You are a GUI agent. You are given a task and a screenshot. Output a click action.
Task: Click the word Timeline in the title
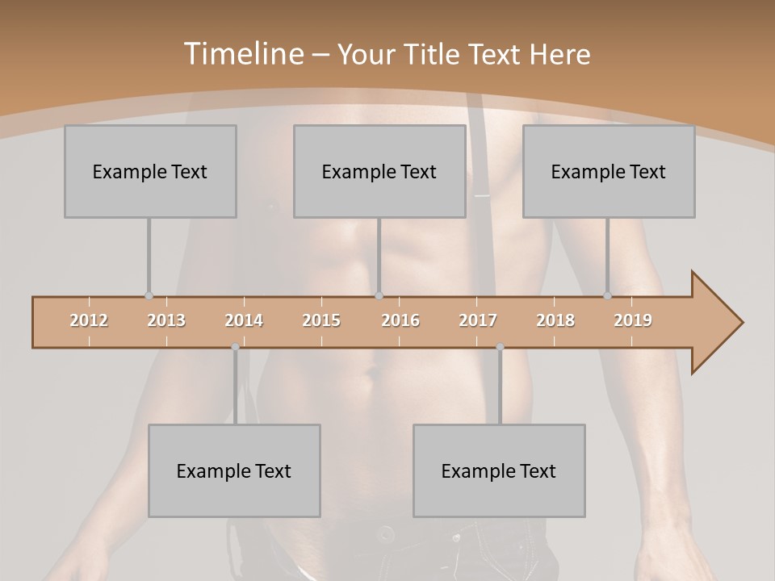[x=245, y=54]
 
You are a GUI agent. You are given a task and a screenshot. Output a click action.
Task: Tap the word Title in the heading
[x=434, y=54]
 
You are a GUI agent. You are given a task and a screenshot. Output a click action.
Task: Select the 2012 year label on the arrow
[x=89, y=320]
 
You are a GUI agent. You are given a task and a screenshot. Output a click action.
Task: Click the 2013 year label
[x=166, y=320]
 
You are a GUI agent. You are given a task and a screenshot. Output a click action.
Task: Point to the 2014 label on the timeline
[x=244, y=320]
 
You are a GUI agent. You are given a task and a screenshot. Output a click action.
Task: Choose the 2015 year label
[x=321, y=320]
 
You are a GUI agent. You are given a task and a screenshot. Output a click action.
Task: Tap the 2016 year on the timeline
[x=400, y=320]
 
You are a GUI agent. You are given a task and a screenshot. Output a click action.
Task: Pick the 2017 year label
[x=478, y=320]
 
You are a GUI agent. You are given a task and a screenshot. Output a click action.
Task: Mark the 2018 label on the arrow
[x=555, y=320]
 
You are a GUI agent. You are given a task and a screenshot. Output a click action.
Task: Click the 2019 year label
[x=633, y=320]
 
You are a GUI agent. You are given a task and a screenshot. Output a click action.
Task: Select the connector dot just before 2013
[x=149, y=296]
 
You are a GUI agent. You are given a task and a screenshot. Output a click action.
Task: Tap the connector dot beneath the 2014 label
[x=235, y=347]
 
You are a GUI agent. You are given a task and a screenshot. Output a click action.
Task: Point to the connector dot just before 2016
[x=379, y=296]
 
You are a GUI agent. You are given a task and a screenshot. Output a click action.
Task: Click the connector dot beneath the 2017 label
[x=500, y=347]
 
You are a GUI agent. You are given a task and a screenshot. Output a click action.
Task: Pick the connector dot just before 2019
[x=608, y=296]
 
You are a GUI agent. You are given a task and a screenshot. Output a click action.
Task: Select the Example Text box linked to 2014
[x=234, y=470]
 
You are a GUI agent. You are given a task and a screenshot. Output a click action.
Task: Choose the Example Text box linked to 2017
[x=499, y=470]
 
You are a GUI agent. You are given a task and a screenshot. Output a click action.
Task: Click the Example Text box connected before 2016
[x=379, y=171]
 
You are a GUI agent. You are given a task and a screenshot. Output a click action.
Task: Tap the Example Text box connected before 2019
[x=609, y=171]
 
